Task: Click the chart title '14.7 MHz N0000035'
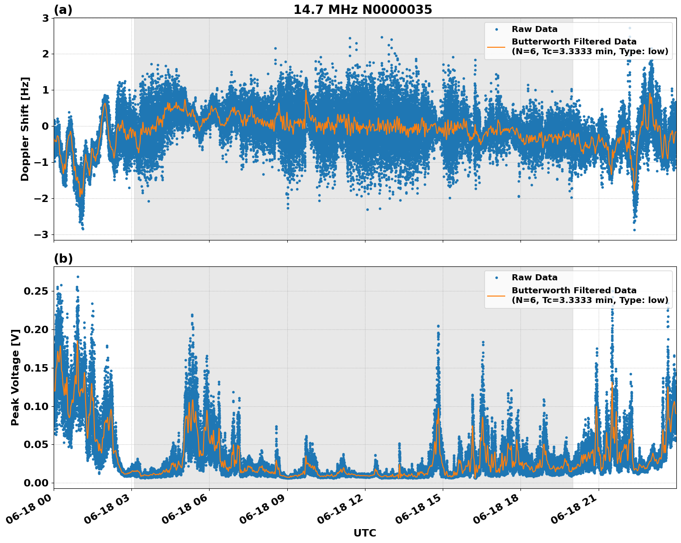(362, 10)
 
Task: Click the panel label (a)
(63, 10)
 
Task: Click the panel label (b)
(63, 259)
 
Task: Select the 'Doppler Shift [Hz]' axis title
(25, 129)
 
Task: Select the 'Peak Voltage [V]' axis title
(15, 378)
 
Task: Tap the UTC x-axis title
(365, 533)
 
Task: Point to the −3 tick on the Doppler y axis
(42, 234)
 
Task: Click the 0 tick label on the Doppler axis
(45, 126)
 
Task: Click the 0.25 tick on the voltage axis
(36, 291)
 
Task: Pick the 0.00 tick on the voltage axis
(36, 483)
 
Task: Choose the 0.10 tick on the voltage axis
(36, 406)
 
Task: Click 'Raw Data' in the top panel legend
(534, 29)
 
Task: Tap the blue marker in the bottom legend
(496, 278)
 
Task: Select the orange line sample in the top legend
(496, 47)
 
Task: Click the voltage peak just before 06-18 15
(438, 326)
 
